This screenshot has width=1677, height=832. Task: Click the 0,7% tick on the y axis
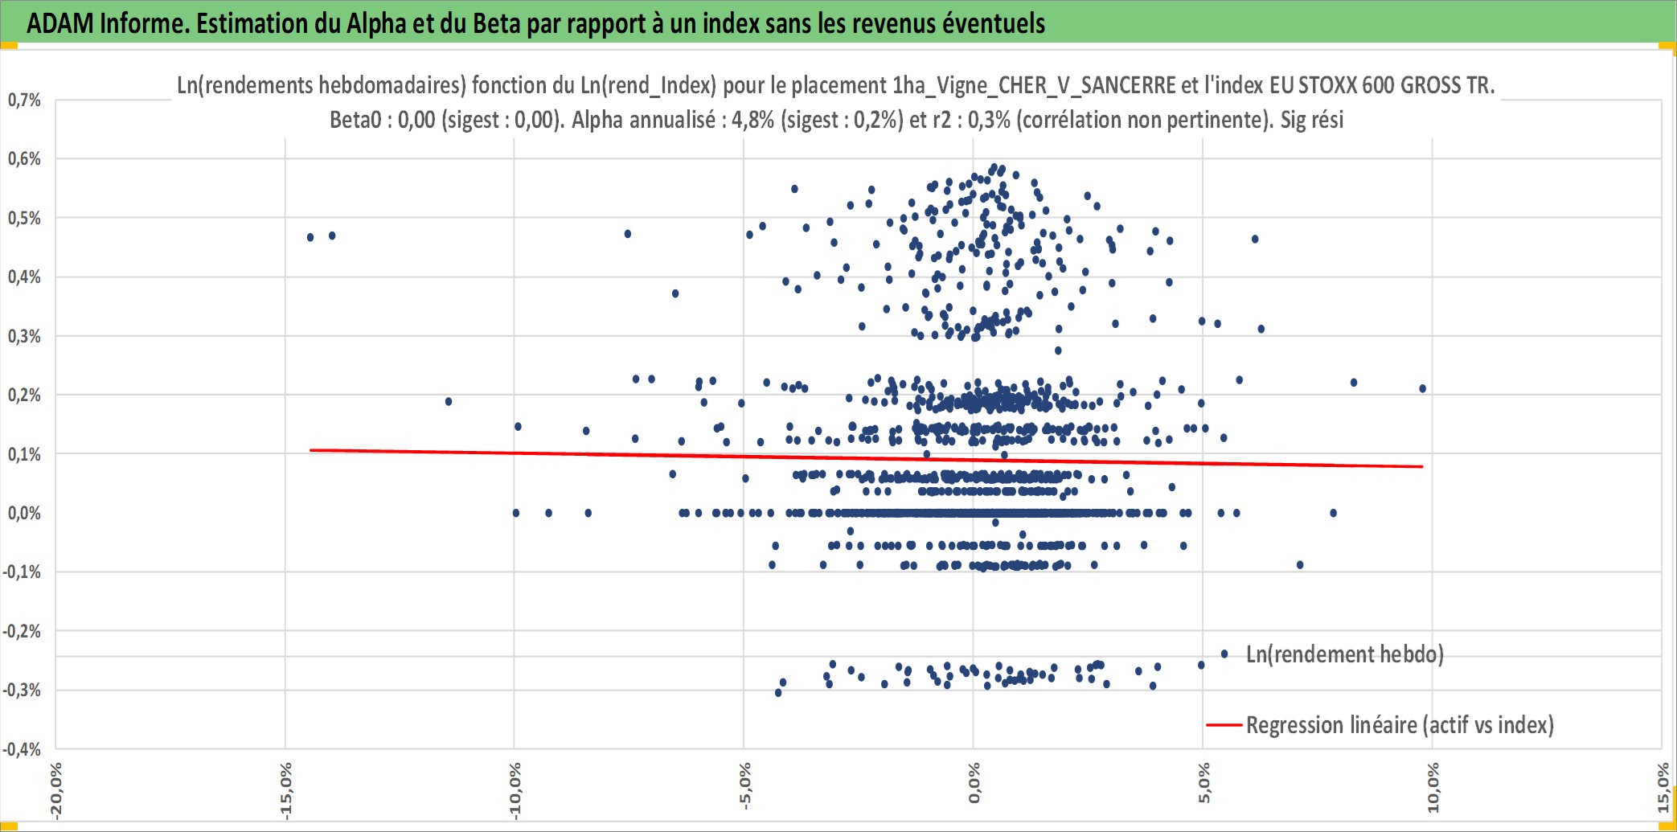pyautogui.click(x=24, y=100)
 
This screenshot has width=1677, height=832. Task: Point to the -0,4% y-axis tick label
pyautogui.click(x=22, y=749)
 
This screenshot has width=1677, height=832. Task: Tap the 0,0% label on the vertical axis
pyautogui.click(x=24, y=513)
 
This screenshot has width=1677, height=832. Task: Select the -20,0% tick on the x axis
pyautogui.click(x=55, y=791)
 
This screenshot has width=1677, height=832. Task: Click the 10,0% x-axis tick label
pyautogui.click(x=1433, y=788)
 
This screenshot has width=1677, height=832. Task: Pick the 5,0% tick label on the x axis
pyautogui.click(x=1203, y=784)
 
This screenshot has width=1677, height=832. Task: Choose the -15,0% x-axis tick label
pyautogui.click(x=285, y=791)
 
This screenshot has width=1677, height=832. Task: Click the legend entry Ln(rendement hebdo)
pyautogui.click(x=1344, y=654)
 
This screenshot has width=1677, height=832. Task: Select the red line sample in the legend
pyautogui.click(x=1224, y=725)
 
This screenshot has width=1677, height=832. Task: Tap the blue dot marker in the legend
pyautogui.click(x=1224, y=654)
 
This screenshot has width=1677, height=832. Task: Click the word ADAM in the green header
pyautogui.click(x=60, y=23)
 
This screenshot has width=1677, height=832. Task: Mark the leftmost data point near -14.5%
pyautogui.click(x=310, y=237)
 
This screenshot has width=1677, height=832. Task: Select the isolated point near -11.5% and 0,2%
pyautogui.click(x=449, y=401)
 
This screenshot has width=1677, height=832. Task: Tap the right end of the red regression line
pyautogui.click(x=1423, y=466)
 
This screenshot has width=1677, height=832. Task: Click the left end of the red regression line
pyautogui.click(x=311, y=450)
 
